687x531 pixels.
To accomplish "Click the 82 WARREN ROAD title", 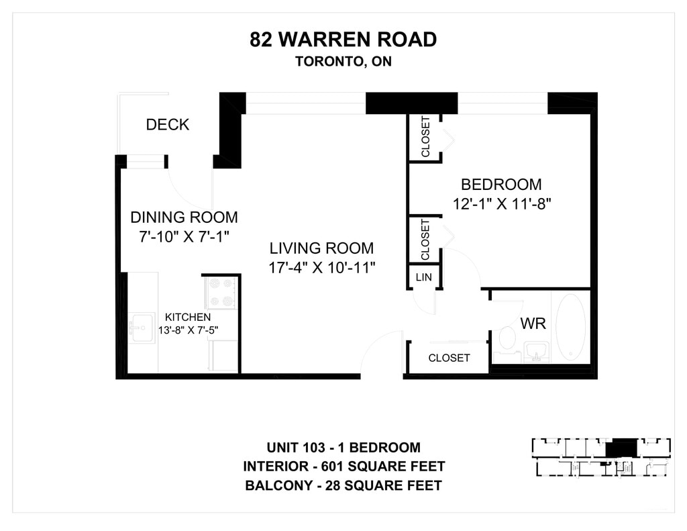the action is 343,40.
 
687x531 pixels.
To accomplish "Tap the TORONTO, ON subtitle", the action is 343,61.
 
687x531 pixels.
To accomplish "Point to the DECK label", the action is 167,125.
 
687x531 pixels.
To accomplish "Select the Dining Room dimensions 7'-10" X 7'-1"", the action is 184,237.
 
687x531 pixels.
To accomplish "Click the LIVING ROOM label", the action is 321,248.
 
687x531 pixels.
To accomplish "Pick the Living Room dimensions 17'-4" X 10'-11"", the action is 321,267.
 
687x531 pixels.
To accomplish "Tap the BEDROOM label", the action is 501,184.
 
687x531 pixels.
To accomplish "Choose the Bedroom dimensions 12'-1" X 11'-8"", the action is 501,204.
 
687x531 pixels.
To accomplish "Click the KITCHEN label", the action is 188,317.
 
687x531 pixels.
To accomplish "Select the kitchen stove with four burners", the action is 221,293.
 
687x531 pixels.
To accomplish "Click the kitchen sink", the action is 141,328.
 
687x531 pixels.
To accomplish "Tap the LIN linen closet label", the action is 424,277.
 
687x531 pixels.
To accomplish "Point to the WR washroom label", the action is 533,324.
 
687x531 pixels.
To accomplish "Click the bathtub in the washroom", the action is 570,327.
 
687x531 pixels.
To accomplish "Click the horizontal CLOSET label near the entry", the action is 449,358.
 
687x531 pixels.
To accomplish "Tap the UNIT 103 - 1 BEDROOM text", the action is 343,448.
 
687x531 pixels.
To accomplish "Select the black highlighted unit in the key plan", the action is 621,447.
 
